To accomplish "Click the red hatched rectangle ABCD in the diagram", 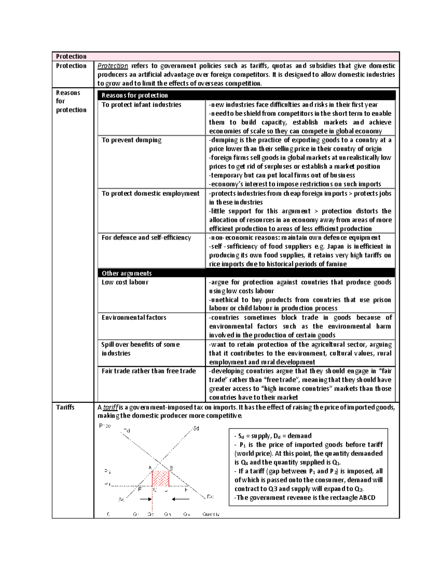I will pyautogui.click(x=161, y=478).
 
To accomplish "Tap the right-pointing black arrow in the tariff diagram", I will pyautogui.click(x=146, y=499).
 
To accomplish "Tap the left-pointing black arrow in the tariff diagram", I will pyautogui.click(x=180, y=499).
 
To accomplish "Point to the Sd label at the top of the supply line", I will pyautogui.click(x=196, y=428).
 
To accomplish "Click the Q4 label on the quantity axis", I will pyautogui.click(x=187, y=514).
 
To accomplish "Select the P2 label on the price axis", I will pyautogui.click(x=107, y=471).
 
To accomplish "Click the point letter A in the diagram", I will pyautogui.click(x=150, y=467).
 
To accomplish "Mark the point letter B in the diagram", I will pyautogui.click(x=171, y=468).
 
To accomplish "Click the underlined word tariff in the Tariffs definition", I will pyautogui.click(x=111, y=407).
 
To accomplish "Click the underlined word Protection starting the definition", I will pyautogui.click(x=112, y=66).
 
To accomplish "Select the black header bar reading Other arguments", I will pyautogui.click(x=246, y=273).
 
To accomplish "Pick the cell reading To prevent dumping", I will pyautogui.click(x=132, y=140).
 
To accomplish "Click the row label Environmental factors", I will pyautogui.click(x=134, y=317).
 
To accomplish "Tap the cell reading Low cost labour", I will pyautogui.click(x=125, y=282).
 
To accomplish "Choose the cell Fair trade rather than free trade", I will pyautogui.click(x=148, y=371).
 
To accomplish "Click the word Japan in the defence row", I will pyautogui.click(x=335, y=246).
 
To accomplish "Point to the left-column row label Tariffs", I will pyautogui.click(x=65, y=407).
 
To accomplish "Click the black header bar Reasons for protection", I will pyautogui.click(x=246, y=95).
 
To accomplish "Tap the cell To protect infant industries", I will pyautogui.click(x=141, y=105).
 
